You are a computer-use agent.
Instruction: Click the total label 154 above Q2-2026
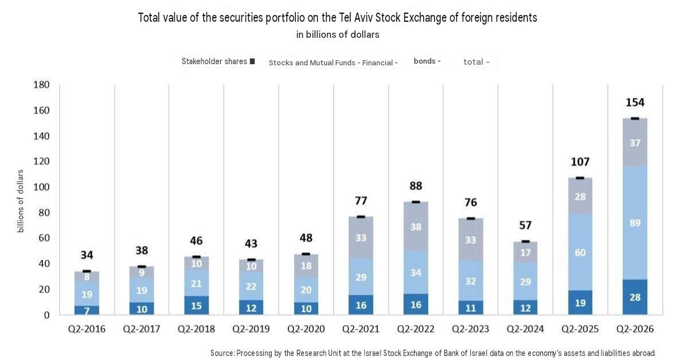click(x=635, y=103)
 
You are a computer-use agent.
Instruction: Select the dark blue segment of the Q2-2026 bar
click(x=635, y=296)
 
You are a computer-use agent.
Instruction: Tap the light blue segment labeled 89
click(x=635, y=223)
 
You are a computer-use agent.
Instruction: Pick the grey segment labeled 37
click(x=635, y=143)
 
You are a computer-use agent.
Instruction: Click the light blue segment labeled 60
click(x=580, y=252)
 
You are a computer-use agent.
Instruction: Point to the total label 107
click(x=580, y=162)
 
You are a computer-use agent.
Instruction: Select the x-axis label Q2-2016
click(x=87, y=329)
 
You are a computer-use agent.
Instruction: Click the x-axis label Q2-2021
click(x=361, y=329)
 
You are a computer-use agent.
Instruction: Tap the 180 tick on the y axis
click(x=41, y=84)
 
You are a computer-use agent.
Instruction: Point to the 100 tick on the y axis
click(x=41, y=187)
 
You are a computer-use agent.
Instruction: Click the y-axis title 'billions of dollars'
click(x=20, y=201)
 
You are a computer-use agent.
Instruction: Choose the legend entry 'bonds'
click(x=427, y=61)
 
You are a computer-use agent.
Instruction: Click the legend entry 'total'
click(x=476, y=62)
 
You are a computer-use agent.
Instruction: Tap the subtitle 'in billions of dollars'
click(x=338, y=34)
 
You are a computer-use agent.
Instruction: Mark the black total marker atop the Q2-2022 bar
click(x=416, y=202)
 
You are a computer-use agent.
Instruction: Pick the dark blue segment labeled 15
click(x=196, y=305)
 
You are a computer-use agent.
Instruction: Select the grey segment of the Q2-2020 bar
click(x=306, y=265)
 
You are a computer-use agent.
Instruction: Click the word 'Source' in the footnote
click(x=222, y=353)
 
